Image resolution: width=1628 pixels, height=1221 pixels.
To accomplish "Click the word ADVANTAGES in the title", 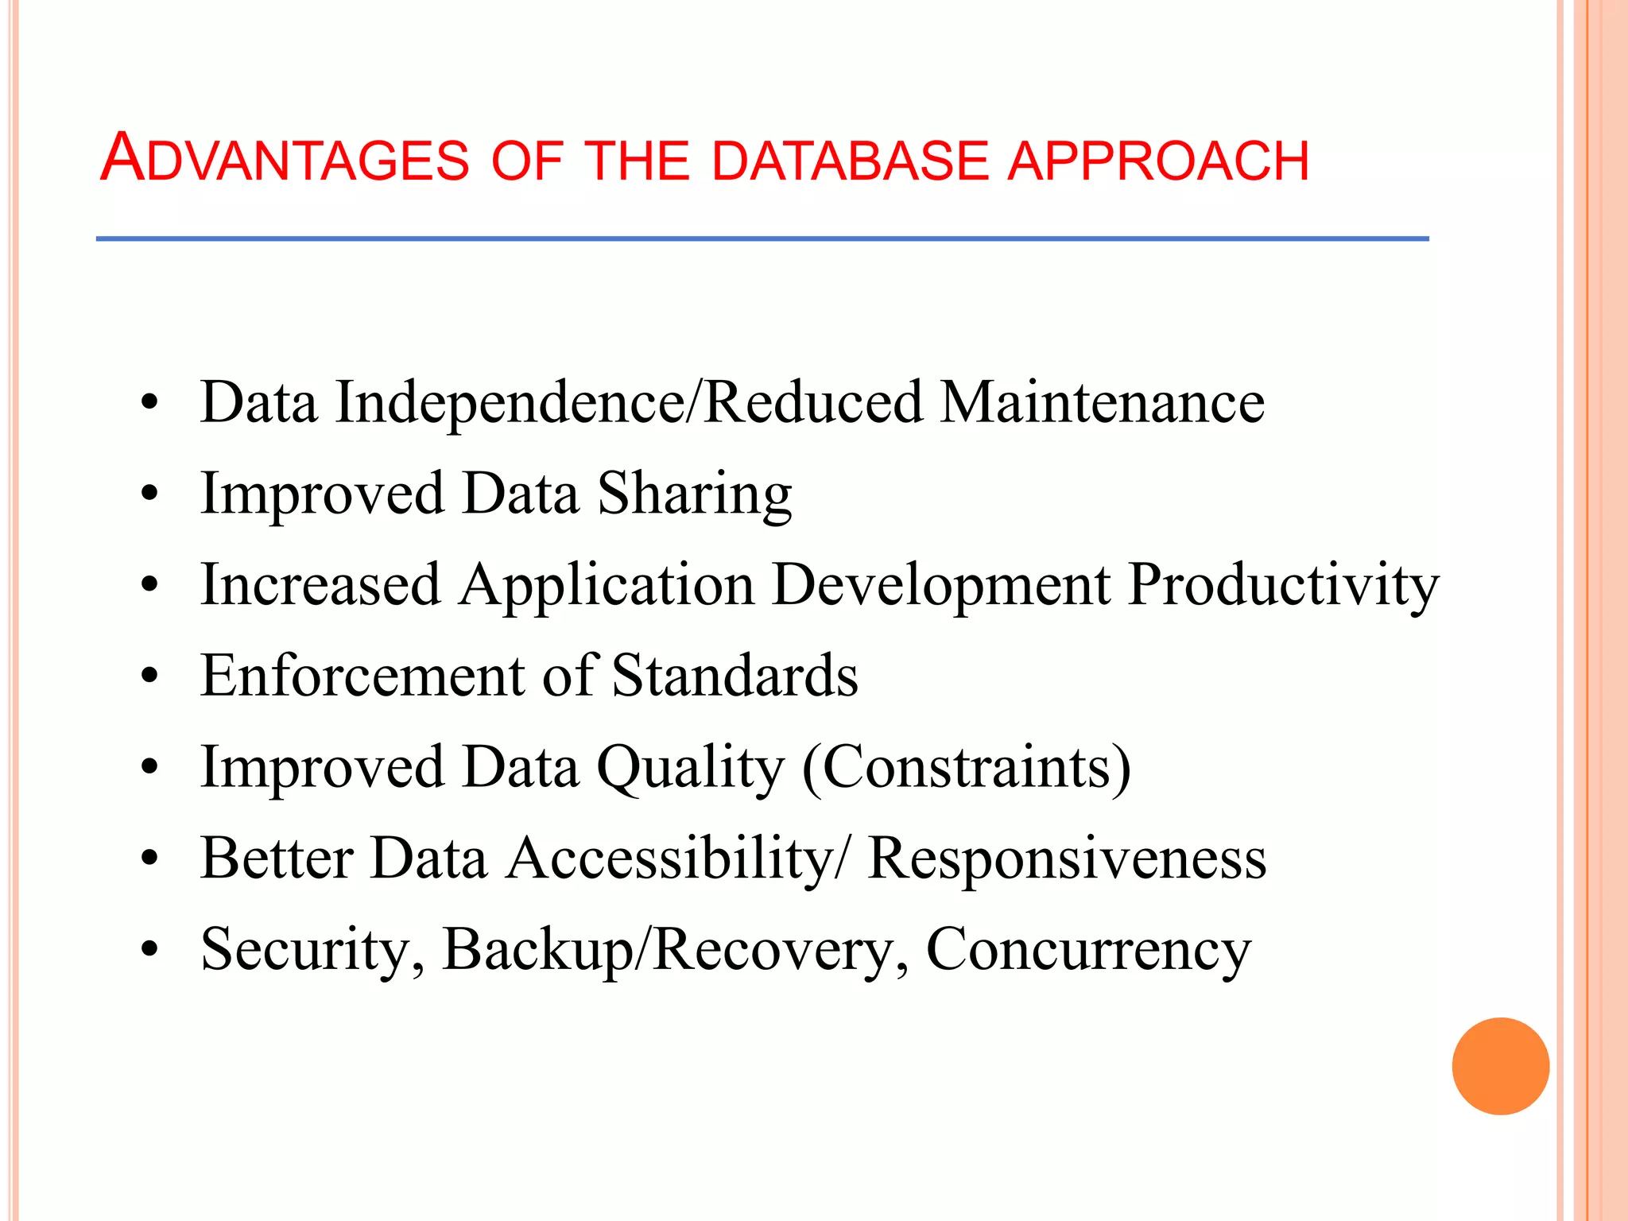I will (285, 159).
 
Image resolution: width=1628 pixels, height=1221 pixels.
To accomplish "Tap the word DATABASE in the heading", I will (850, 161).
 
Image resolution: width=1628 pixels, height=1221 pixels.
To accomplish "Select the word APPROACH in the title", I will (1158, 161).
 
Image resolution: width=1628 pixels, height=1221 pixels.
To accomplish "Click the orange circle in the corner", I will (1500, 1066).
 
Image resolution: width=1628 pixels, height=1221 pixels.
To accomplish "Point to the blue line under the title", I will (762, 238).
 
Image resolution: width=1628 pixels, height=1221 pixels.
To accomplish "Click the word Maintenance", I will (1102, 402).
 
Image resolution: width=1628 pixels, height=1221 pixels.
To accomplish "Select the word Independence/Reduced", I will (629, 402).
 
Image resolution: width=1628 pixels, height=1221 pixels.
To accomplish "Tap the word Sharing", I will (694, 495).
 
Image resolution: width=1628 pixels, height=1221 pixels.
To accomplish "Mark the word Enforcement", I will (362, 676).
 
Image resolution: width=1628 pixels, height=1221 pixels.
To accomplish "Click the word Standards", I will (735, 676).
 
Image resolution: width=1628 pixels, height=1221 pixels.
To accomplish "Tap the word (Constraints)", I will (966, 769).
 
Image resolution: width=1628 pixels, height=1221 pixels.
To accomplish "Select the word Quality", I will (690, 769).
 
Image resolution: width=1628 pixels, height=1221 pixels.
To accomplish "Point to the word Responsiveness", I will (1067, 859).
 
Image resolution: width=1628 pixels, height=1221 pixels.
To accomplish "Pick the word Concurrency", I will (1088, 951).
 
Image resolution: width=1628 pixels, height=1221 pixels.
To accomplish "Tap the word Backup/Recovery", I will (675, 951).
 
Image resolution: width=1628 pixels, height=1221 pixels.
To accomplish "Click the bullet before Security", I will (149, 949).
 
